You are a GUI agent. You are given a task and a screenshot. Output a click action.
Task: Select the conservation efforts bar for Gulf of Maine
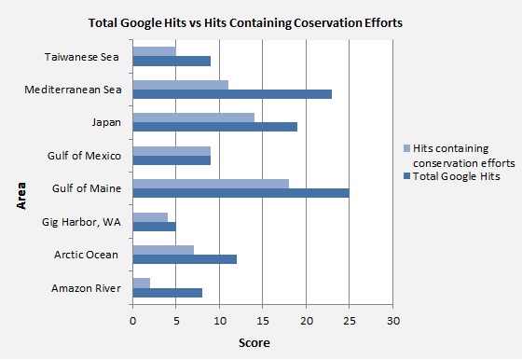211,184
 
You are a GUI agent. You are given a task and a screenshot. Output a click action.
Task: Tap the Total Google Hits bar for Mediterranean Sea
232,93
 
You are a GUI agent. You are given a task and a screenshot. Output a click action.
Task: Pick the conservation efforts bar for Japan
194,118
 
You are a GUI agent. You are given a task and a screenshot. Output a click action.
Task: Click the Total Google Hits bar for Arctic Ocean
185,258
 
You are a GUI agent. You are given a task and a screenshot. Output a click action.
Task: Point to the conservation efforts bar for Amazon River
142,283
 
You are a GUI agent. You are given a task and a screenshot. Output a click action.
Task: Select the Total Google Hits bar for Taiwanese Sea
172,61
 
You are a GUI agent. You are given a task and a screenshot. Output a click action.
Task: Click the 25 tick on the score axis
350,320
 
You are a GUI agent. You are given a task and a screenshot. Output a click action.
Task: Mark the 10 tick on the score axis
220,320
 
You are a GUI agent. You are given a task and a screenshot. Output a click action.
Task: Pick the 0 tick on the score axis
133,320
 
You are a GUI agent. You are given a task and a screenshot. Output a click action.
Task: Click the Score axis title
253,343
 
